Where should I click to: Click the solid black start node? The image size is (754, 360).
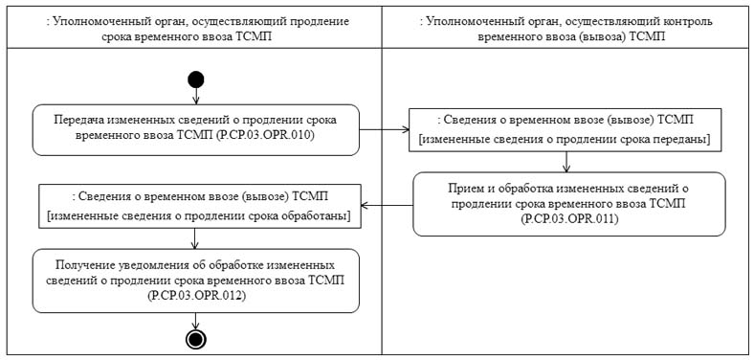click(x=196, y=79)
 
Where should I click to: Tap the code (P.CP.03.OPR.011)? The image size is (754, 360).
click(x=568, y=219)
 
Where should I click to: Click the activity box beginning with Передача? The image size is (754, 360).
click(x=196, y=129)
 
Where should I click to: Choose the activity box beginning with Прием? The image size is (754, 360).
click(x=568, y=203)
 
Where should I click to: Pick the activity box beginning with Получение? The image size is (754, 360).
click(x=196, y=280)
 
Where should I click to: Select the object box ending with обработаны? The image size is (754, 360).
click(x=196, y=204)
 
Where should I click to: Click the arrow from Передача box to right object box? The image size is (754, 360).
click(x=384, y=129)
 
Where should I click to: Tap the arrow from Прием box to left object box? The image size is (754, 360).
click(x=388, y=204)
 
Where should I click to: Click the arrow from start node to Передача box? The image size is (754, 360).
click(x=196, y=96)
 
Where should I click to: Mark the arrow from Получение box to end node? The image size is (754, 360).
click(x=196, y=321)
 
